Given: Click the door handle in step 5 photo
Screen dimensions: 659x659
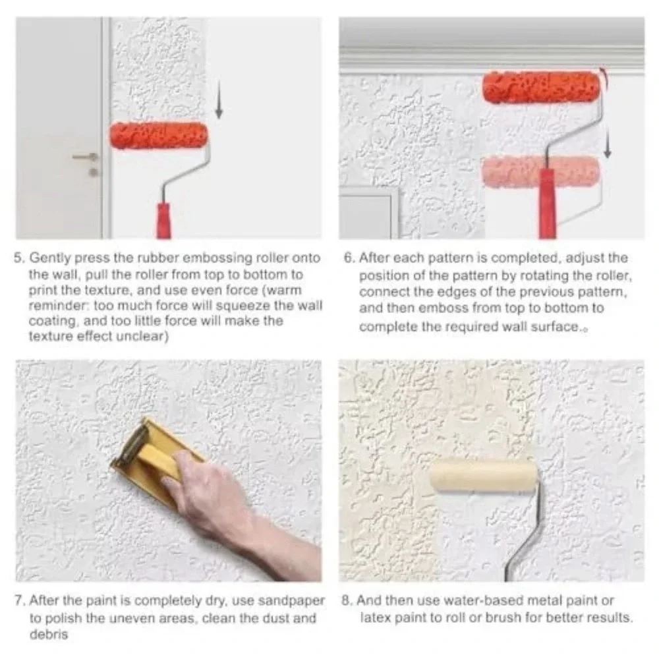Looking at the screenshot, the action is (85, 158).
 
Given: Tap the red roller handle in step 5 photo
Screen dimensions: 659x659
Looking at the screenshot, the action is (164, 221).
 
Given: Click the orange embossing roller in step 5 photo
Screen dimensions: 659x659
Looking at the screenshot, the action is (159, 135).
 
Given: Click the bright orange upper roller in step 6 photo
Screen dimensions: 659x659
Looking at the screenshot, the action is (542, 88).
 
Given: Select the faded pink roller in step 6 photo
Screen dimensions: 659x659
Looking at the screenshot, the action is (540, 171).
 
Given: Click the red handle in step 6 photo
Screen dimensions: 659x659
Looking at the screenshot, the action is (547, 204).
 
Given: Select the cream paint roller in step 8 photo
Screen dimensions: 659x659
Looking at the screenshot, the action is (484, 475).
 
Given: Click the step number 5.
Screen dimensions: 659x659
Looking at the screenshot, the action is (18, 257).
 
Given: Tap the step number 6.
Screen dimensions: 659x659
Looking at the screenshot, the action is (349, 257).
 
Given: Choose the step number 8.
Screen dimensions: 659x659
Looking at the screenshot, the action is (347, 600).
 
